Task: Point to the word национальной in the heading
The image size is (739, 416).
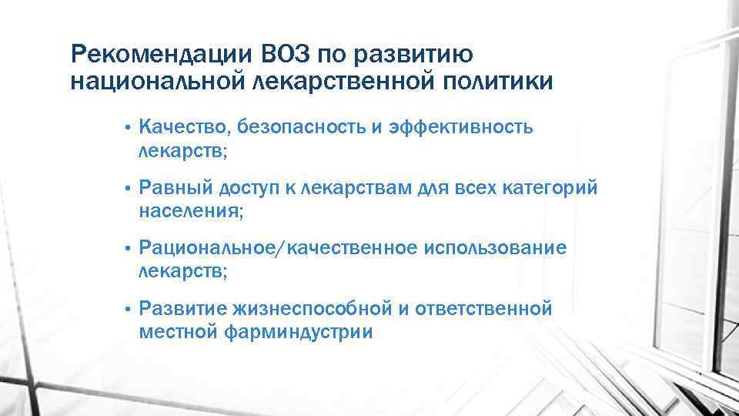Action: click(x=159, y=81)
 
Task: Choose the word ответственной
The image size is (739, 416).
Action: click(x=483, y=309)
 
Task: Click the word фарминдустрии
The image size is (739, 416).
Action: click(x=301, y=332)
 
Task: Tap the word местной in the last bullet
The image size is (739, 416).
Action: click(x=179, y=332)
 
